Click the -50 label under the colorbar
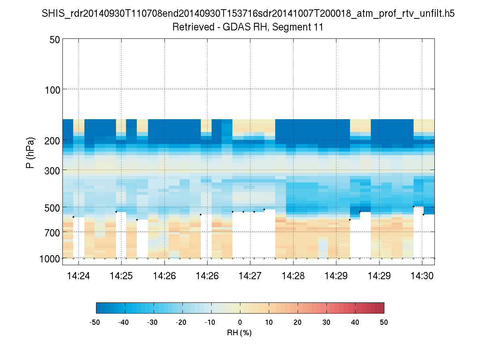pos(95,322)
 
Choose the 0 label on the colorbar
pos(240,322)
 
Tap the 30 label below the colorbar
pos(326,322)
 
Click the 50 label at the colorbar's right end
pos(384,322)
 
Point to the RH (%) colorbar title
pos(239,332)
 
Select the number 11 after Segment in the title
pos(318,27)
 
